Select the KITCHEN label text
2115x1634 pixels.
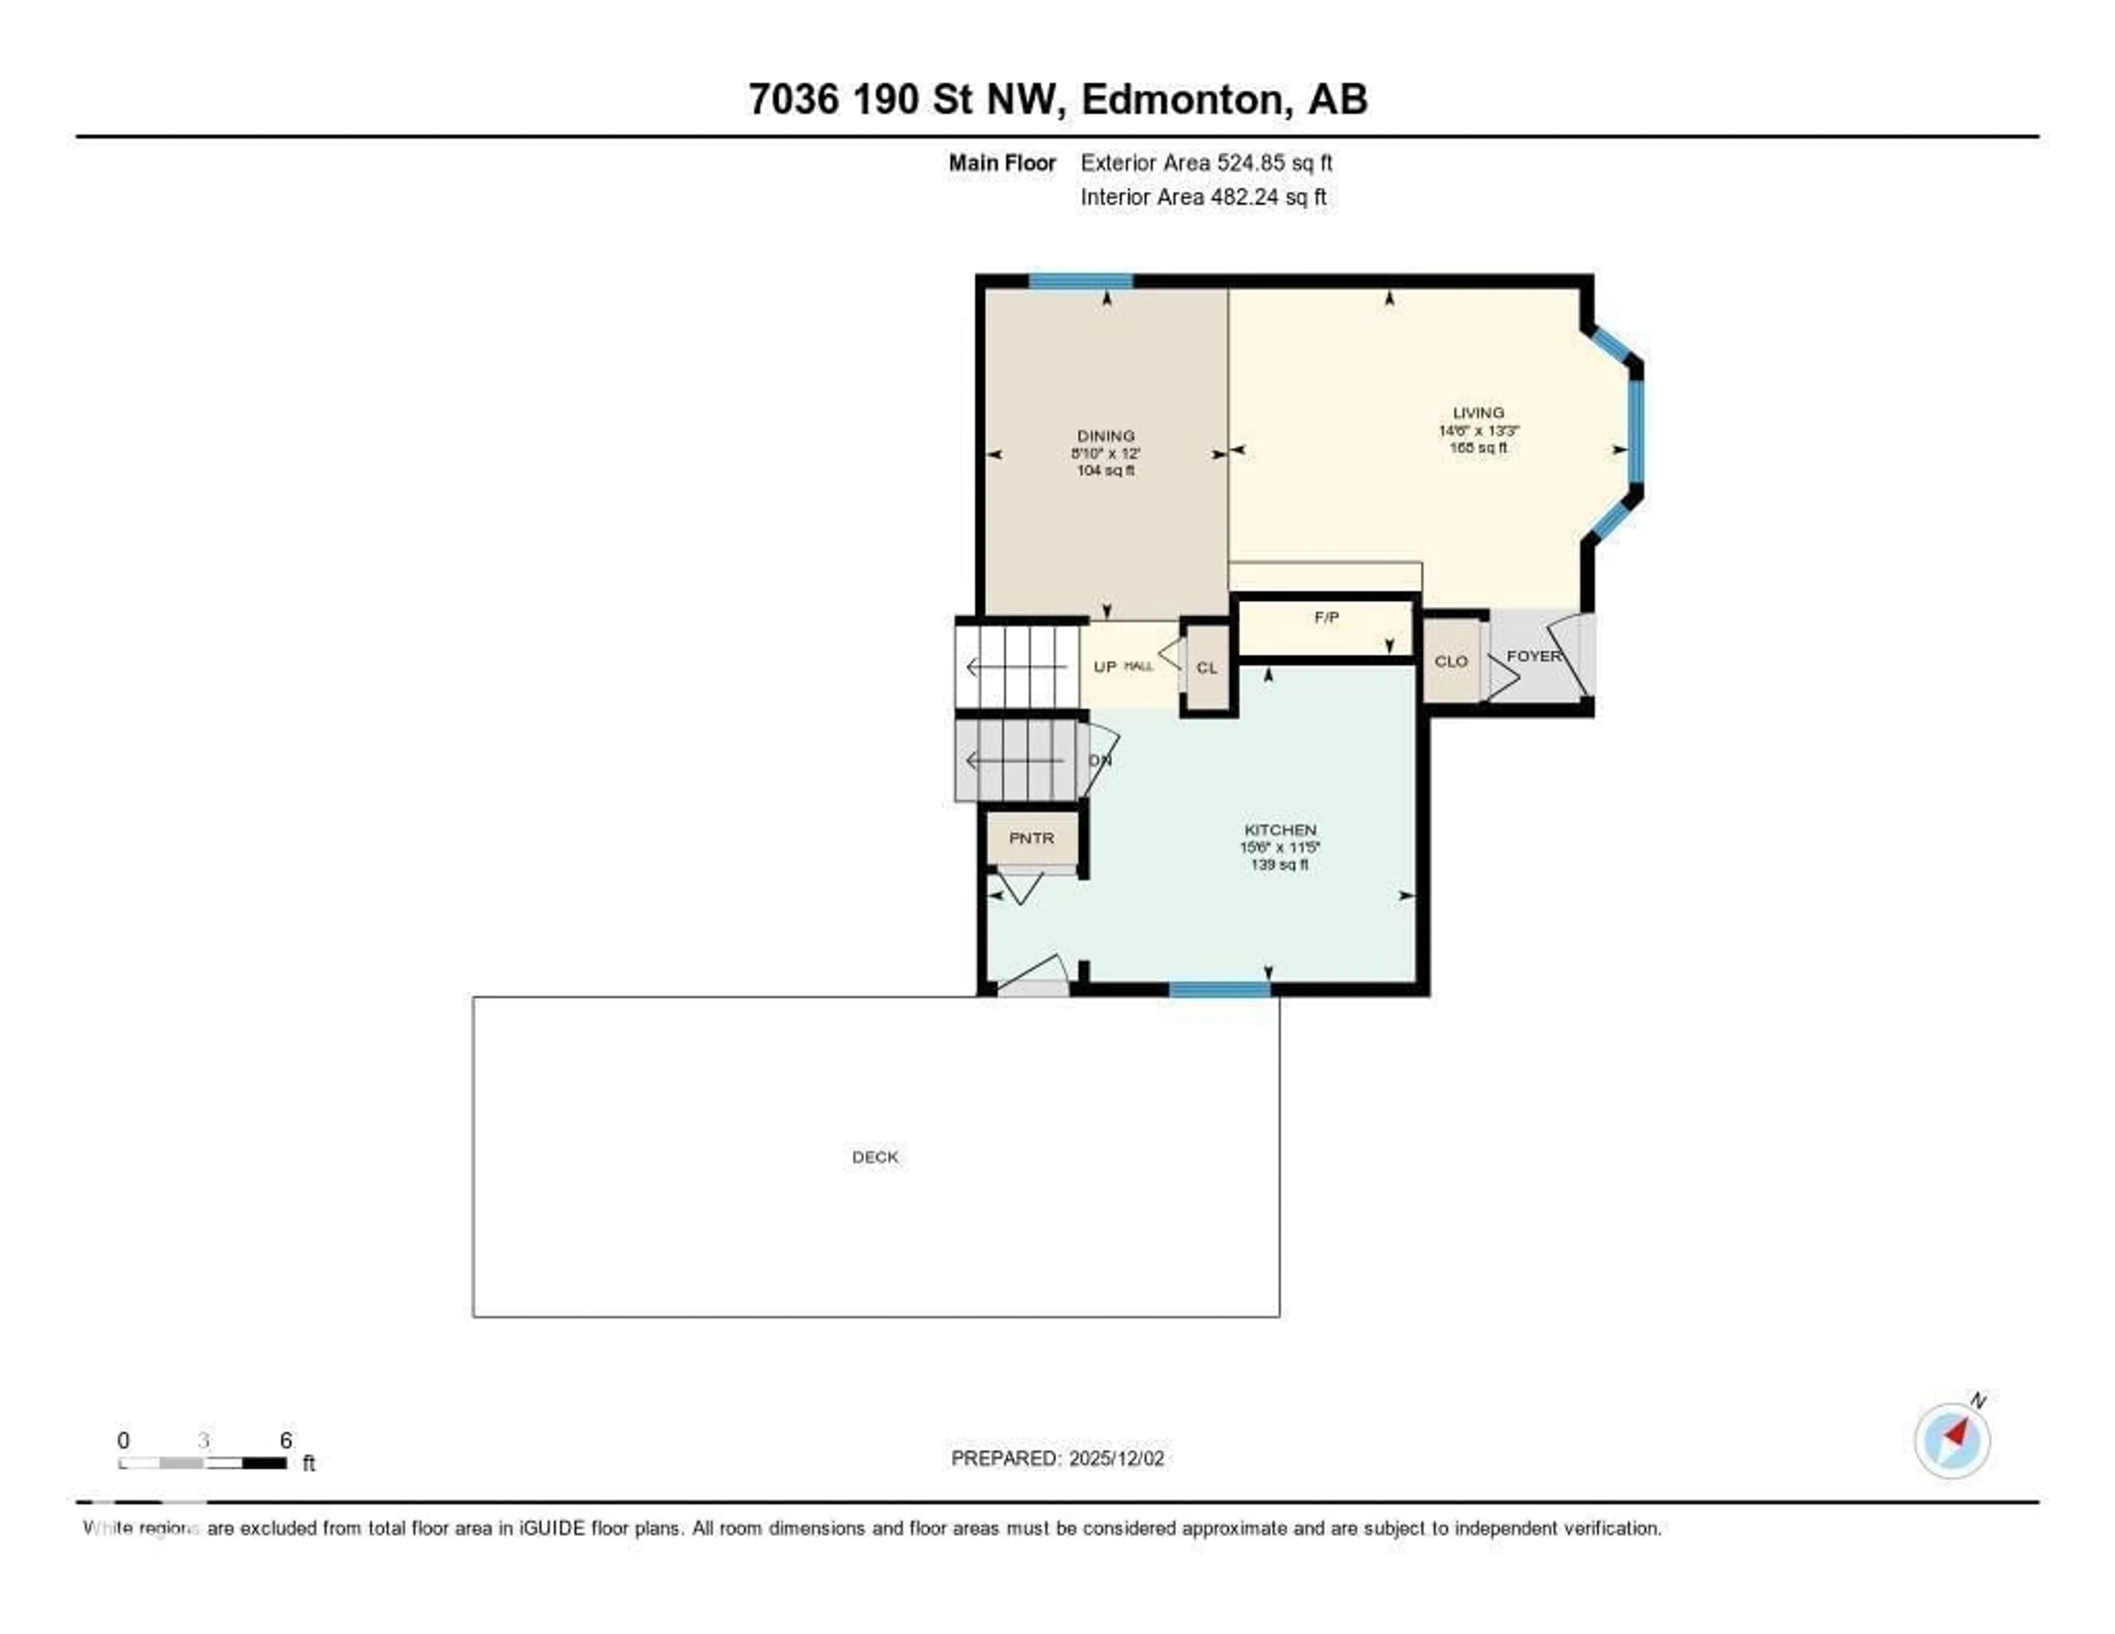point(1279,830)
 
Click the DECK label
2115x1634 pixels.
point(875,1156)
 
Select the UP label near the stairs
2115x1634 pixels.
point(1104,667)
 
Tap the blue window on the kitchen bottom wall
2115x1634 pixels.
point(1219,989)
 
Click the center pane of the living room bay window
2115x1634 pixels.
point(1636,431)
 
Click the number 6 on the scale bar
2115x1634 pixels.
point(286,1440)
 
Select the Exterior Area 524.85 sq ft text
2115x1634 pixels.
point(1206,163)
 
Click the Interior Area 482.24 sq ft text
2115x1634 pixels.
point(1203,198)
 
